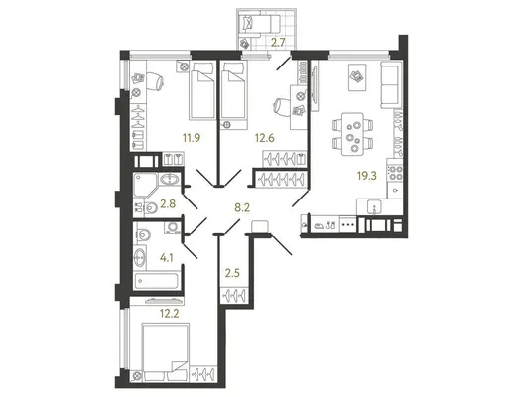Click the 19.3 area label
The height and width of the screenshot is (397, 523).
(367, 176)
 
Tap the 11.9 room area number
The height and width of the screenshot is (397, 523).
(192, 137)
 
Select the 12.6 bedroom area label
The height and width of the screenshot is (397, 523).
(265, 137)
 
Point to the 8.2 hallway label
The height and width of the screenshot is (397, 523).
(242, 208)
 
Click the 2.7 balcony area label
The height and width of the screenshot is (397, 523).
(278, 43)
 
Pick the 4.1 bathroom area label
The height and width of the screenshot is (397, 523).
(167, 257)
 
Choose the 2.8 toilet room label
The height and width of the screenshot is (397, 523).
(168, 203)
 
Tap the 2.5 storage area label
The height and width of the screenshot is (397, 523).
(232, 273)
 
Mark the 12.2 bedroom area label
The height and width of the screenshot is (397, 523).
(170, 314)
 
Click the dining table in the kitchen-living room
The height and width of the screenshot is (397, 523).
(352, 134)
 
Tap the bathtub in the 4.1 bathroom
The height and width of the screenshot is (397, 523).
(156, 282)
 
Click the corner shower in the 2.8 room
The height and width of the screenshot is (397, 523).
(145, 185)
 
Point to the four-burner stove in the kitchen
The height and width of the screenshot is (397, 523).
(395, 173)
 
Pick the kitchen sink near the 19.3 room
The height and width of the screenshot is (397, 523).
(375, 206)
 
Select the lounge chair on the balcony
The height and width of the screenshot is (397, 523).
(260, 24)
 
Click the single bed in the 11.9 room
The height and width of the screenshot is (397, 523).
(202, 90)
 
